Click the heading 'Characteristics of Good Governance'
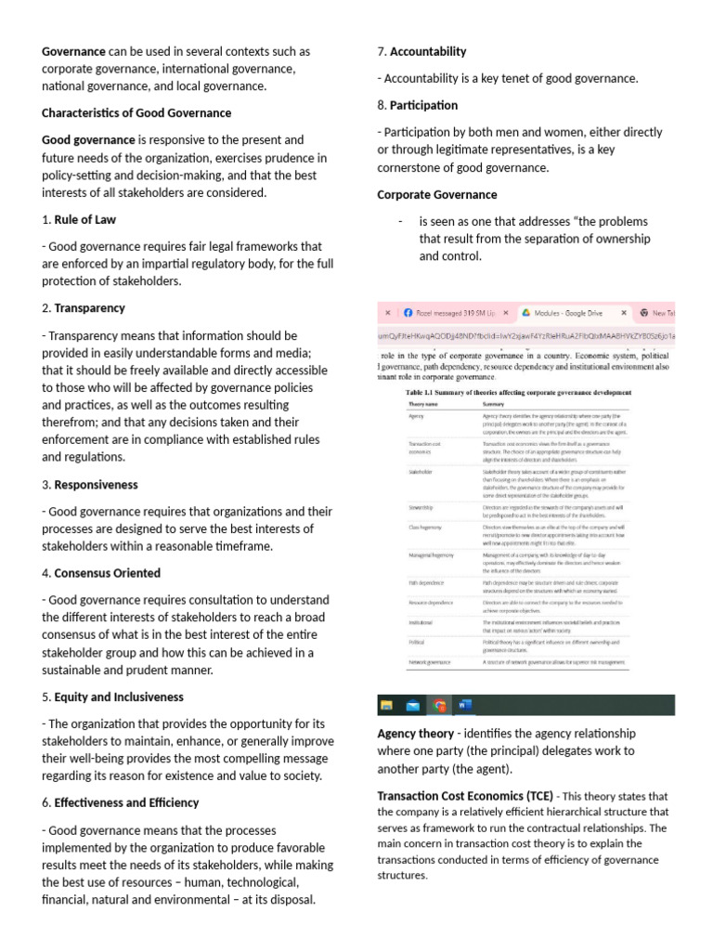tap(136, 113)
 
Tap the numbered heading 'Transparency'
tap(89, 307)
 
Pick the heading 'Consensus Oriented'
tap(107, 573)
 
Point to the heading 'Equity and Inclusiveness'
tap(119, 697)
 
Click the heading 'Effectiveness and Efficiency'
tap(126, 802)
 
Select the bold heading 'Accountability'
tap(427, 51)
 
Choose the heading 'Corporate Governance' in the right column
tap(436, 195)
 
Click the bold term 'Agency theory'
tap(415, 733)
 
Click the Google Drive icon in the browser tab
tap(525, 314)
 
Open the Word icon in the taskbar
tap(465, 705)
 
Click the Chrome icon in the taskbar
tap(439, 705)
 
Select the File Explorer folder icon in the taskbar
tap(387, 705)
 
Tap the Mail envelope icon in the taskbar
tap(413, 705)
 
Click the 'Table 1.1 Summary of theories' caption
tap(519, 393)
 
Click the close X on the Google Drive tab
tap(623, 314)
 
